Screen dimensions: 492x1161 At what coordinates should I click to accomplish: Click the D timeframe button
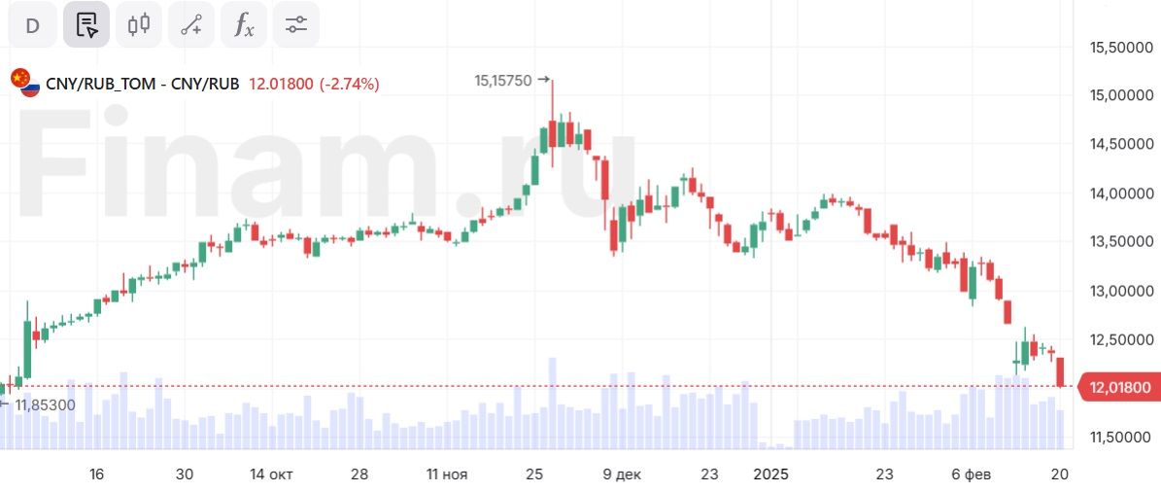[32, 25]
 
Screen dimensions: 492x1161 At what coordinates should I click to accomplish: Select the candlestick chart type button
[139, 25]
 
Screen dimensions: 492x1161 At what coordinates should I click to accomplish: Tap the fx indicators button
[244, 25]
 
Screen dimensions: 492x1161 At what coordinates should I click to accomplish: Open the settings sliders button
[296, 25]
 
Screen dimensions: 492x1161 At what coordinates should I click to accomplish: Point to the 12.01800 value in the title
[281, 84]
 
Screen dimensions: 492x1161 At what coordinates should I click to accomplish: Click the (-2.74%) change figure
[349, 84]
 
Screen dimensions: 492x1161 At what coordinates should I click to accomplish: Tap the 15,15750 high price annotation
[503, 81]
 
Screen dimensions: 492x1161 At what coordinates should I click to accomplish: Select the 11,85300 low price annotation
[45, 404]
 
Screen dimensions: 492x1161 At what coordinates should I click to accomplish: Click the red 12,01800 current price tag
[1119, 388]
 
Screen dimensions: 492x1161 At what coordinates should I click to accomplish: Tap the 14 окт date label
[271, 474]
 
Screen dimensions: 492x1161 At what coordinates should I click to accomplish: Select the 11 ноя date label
[446, 474]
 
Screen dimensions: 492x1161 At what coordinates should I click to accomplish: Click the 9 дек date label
[622, 474]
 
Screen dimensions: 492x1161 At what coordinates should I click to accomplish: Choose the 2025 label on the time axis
[772, 474]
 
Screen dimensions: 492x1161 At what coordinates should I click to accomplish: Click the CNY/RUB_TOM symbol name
[100, 84]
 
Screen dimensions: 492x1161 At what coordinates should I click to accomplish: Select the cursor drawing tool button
[86, 25]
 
